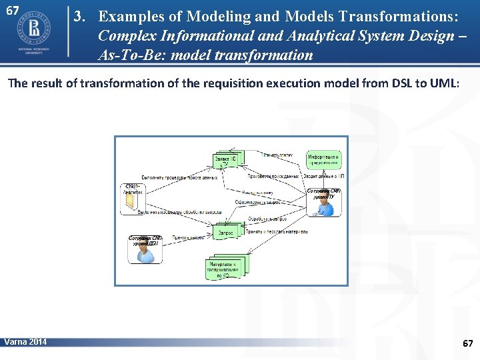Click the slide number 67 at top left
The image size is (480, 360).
tap(12, 10)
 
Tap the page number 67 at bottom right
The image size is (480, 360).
tap(467, 343)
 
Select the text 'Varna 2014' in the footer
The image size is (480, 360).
tap(25, 342)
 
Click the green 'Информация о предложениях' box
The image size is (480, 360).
tap(323, 159)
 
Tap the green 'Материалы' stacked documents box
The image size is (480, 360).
tap(225, 267)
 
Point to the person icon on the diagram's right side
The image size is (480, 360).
tap(325, 207)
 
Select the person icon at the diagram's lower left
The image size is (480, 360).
tap(145, 253)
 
